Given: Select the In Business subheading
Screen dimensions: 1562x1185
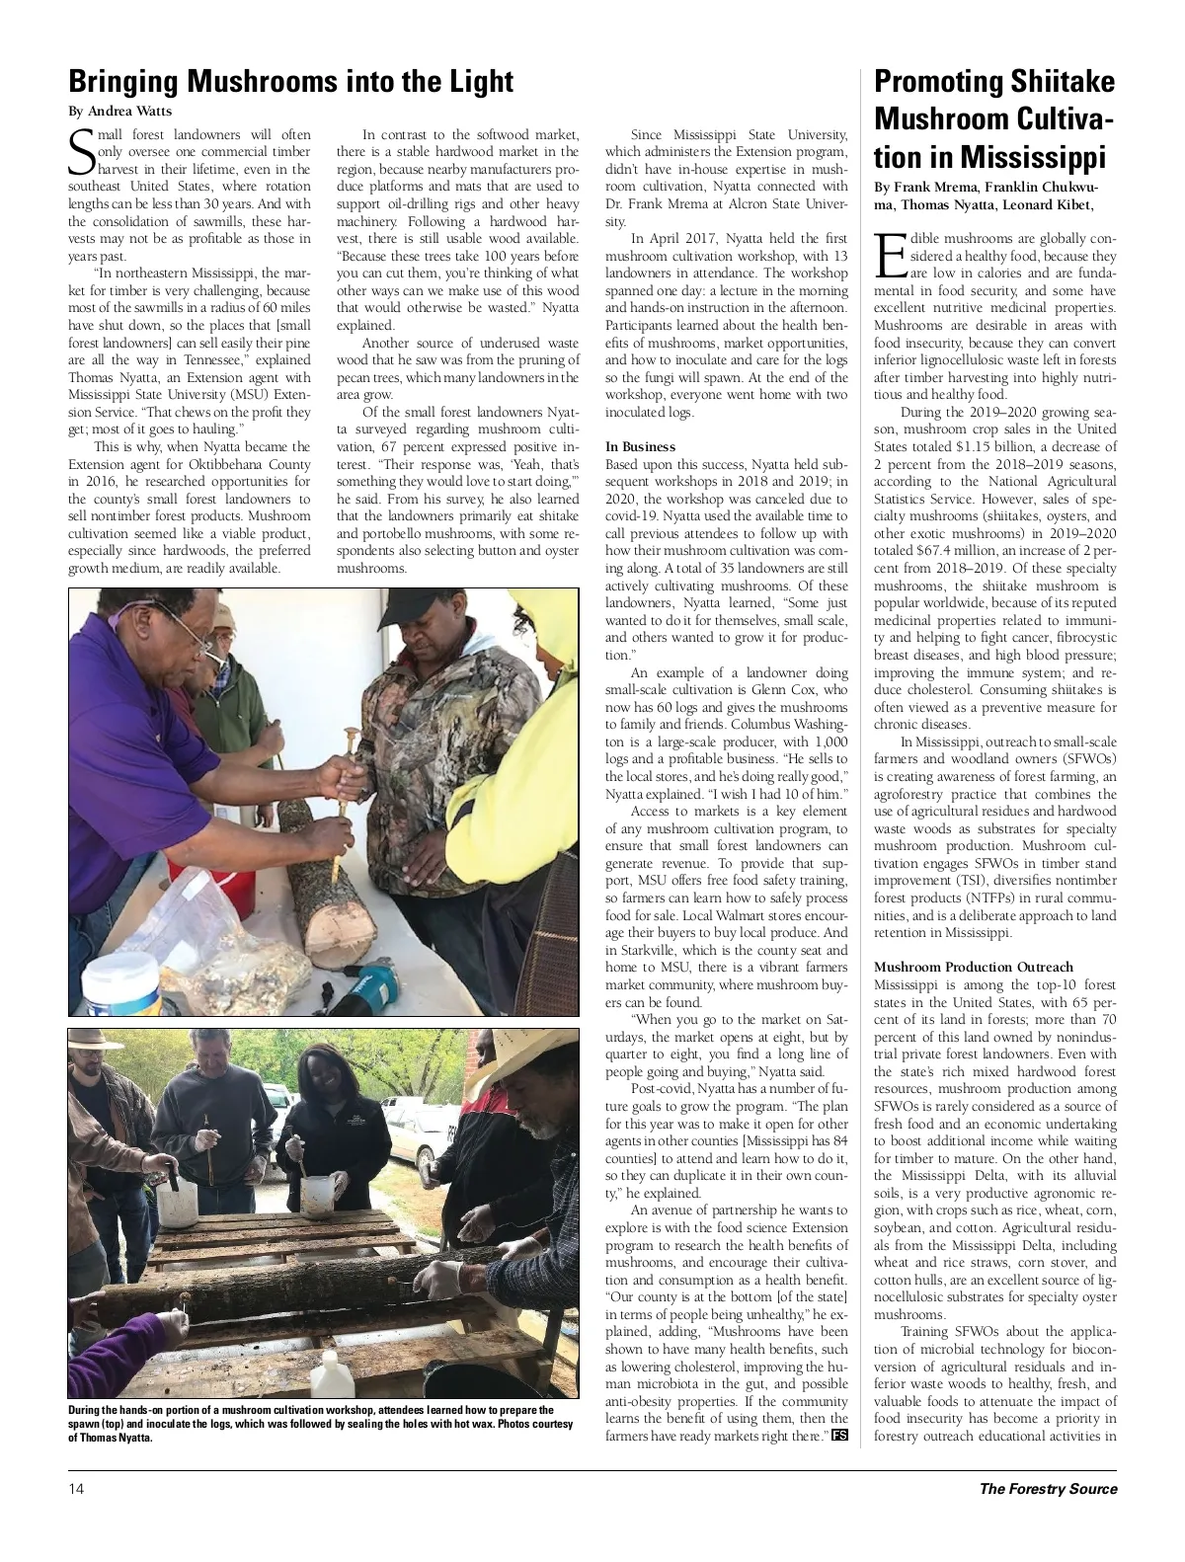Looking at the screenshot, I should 640,446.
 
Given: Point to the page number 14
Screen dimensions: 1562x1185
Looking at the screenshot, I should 76,1489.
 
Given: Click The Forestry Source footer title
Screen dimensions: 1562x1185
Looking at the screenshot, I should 1048,1489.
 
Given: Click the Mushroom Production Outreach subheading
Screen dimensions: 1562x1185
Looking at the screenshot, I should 973,967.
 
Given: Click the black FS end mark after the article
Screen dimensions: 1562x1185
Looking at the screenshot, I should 839,1435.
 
